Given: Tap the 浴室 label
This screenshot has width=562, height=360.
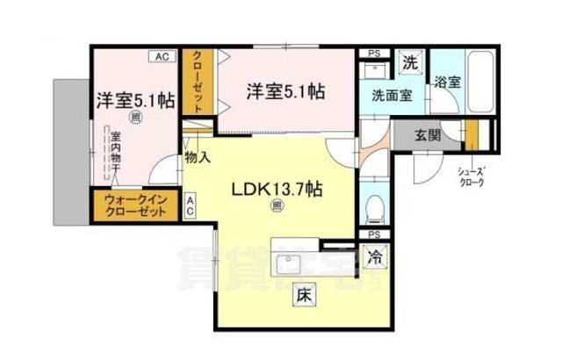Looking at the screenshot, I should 447,83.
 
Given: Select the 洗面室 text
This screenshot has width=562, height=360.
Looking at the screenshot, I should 392,96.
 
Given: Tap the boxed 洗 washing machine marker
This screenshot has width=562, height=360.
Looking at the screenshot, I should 408,62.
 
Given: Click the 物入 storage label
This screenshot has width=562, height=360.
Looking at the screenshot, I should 197,158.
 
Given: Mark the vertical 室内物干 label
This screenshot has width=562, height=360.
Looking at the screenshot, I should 114,153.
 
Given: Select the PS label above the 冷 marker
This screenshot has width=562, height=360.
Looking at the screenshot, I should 374,234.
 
